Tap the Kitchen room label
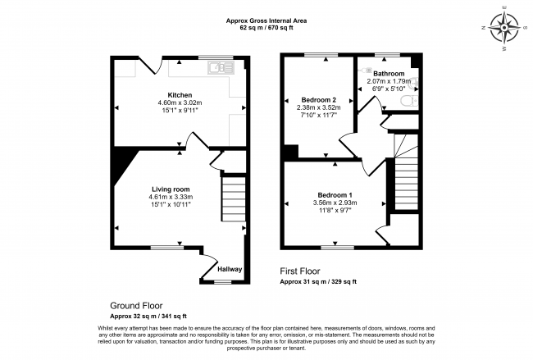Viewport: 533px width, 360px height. pos(180,93)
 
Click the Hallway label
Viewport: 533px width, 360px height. pos(230,268)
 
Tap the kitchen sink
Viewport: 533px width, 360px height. pos(220,67)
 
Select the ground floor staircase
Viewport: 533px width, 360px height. pos(235,200)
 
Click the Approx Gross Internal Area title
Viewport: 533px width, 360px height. pos(266,21)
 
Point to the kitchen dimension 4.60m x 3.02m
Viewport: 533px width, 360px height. pos(180,103)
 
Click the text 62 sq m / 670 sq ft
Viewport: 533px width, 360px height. pos(266,28)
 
